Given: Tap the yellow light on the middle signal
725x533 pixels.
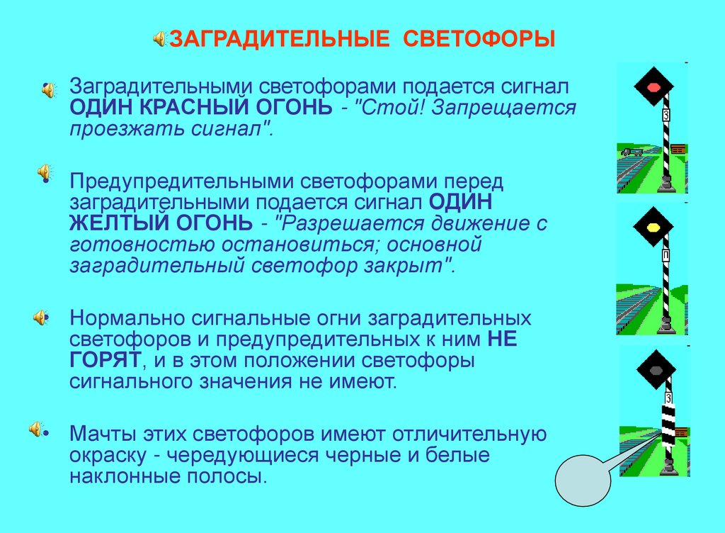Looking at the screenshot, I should (x=652, y=228).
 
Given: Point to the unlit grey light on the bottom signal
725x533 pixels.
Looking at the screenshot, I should (x=652, y=369).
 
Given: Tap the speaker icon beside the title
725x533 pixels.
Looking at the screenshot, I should (x=159, y=38).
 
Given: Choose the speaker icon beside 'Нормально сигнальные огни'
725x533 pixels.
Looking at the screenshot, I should (x=42, y=318).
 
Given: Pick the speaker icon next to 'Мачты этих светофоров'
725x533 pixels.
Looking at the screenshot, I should (x=36, y=429).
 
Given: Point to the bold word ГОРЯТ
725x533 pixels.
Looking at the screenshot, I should (x=105, y=360).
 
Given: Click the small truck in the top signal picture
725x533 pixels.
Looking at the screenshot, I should (x=629, y=152).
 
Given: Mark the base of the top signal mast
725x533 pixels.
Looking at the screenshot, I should (x=666, y=186).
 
